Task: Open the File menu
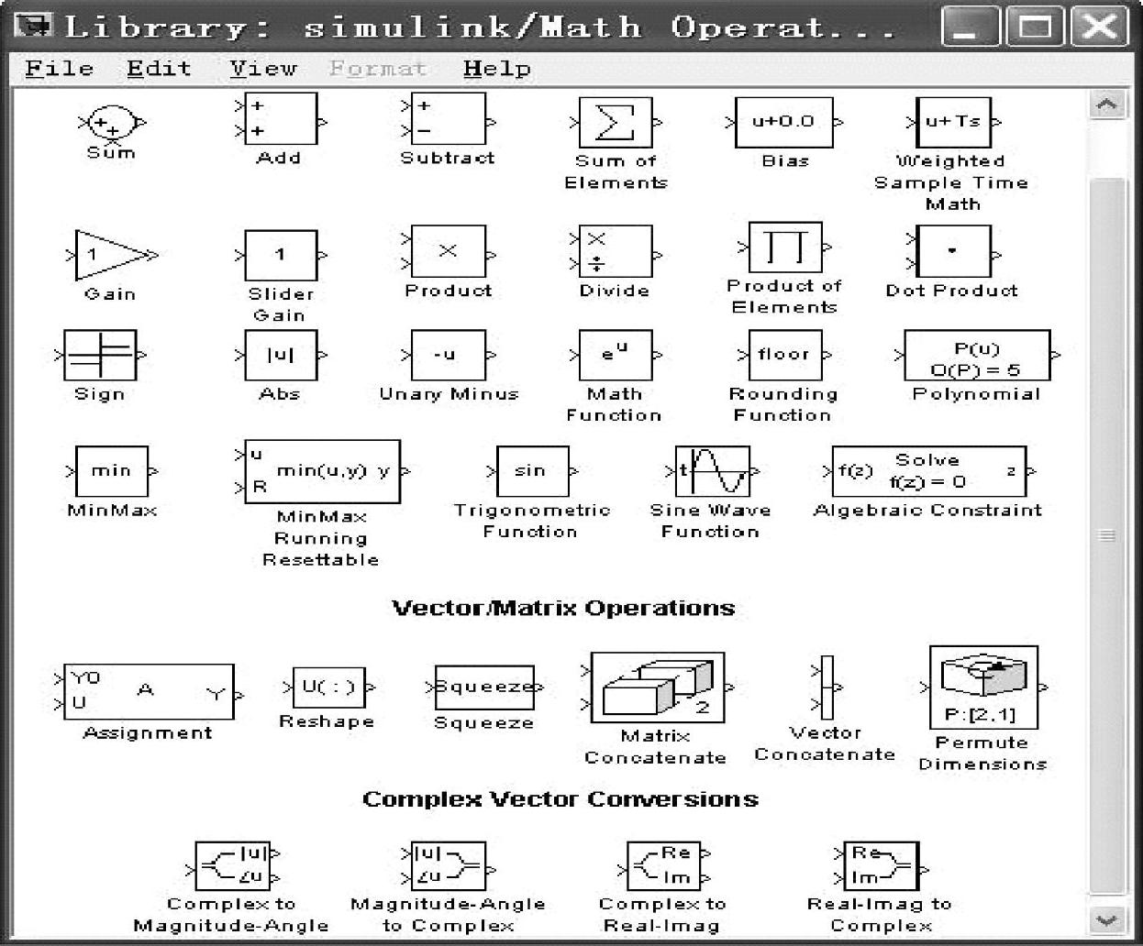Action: pos(60,69)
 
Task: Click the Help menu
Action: pos(496,69)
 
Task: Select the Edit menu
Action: pos(159,69)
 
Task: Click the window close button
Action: pos(1099,27)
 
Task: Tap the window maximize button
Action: pos(1035,27)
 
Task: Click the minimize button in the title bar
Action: pos(970,27)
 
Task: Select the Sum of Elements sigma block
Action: pos(616,123)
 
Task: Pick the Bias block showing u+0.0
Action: pos(784,122)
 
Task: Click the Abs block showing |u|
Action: pos(280,355)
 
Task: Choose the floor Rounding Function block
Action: pos(783,355)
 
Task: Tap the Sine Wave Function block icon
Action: pos(712,471)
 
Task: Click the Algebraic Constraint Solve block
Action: pos(927,471)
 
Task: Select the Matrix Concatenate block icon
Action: pos(657,687)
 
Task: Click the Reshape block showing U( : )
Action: pos(327,687)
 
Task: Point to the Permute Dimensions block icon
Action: pos(982,686)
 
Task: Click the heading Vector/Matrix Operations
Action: pos(563,609)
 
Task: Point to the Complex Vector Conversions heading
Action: pos(560,799)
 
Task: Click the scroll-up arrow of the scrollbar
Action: pos(1106,104)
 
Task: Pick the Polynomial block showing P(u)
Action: pos(976,356)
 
